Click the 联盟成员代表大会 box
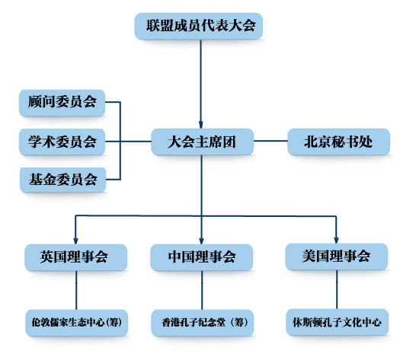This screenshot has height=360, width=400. tap(198, 26)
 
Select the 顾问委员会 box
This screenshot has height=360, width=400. tap(62, 103)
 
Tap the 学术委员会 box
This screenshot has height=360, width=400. tap(62, 142)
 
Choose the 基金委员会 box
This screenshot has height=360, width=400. tap(62, 180)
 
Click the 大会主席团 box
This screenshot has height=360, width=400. tap(202, 142)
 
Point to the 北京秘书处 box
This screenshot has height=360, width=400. tap(339, 142)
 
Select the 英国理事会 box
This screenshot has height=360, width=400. tap(75, 257)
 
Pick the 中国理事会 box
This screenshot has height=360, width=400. tap(202, 257)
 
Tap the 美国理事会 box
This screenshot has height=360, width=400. tap(337, 256)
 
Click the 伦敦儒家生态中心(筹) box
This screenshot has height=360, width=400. tap(76, 323)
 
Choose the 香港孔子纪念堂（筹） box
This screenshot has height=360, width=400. tap(203, 323)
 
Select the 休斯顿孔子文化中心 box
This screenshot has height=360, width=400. tap(338, 322)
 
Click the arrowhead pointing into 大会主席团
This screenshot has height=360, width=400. tap(201, 125)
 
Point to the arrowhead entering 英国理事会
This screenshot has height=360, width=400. tap(75, 241)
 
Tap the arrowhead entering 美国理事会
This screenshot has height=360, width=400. tap(336, 240)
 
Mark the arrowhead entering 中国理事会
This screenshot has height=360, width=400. tap(202, 241)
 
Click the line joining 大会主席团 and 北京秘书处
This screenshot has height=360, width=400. tap(270, 141)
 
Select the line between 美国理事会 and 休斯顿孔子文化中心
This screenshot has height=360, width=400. tap(337, 289)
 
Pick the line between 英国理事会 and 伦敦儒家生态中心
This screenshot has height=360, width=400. tap(76, 290)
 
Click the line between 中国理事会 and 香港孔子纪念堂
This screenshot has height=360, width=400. tap(202, 290)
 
